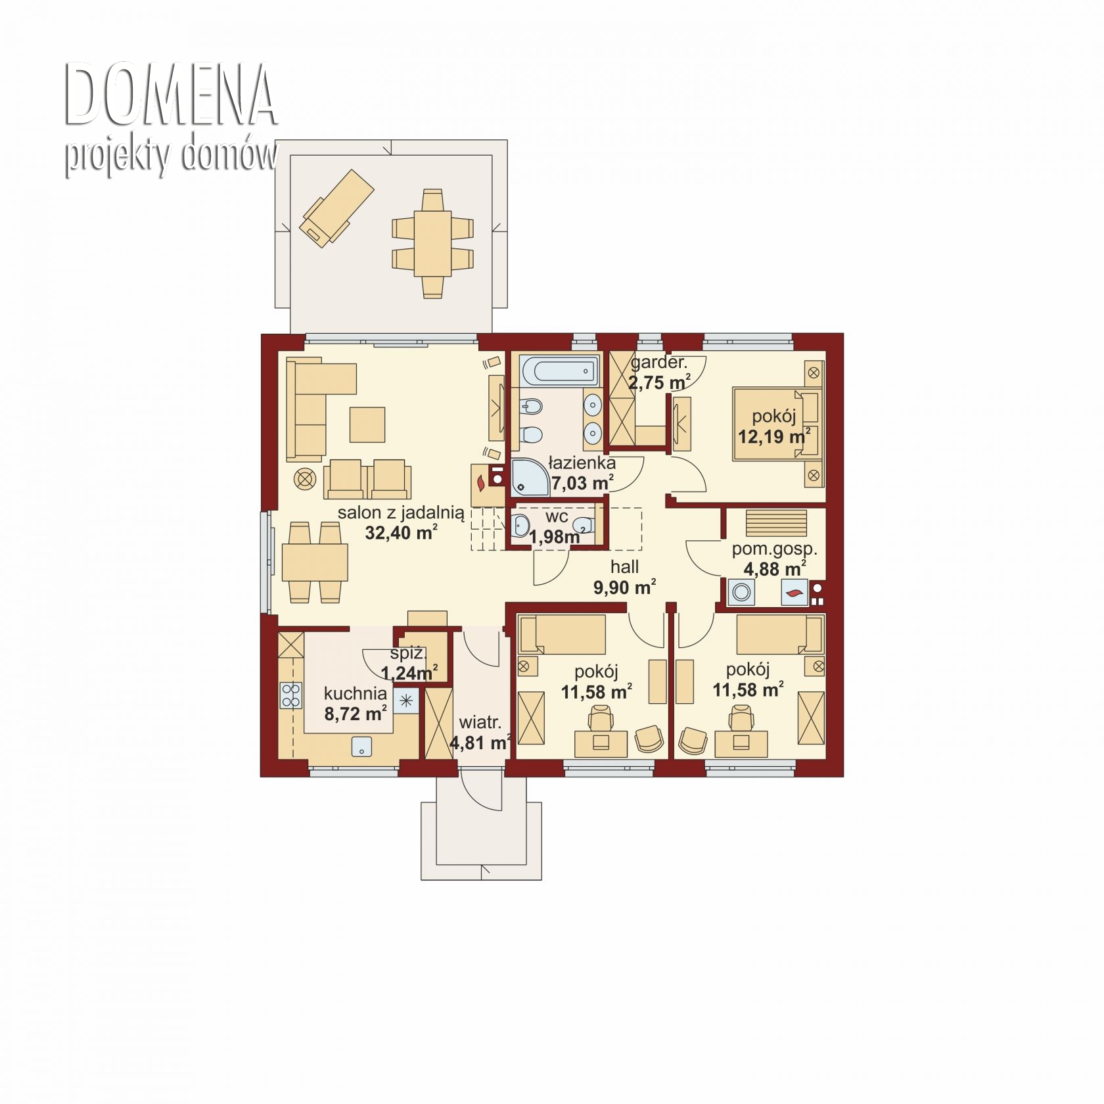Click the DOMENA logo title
[x=170, y=95]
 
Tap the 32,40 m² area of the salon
[x=402, y=532]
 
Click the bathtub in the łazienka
[x=559, y=371]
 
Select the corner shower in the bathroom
[x=530, y=477]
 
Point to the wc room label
[x=557, y=517]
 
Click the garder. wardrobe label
[x=659, y=363]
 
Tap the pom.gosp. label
[x=775, y=549]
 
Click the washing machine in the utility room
[x=741, y=593]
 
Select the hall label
[x=624, y=566]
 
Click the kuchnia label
[x=356, y=693]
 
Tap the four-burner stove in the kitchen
[x=291, y=695]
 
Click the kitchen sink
[x=361, y=747]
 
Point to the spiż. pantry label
[x=408, y=654]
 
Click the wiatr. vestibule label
[x=480, y=723]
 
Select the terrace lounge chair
[x=336, y=208]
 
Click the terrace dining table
[x=432, y=243]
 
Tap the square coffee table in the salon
[x=367, y=425]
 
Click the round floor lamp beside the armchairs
[x=304, y=479]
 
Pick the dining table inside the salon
[x=315, y=563]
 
